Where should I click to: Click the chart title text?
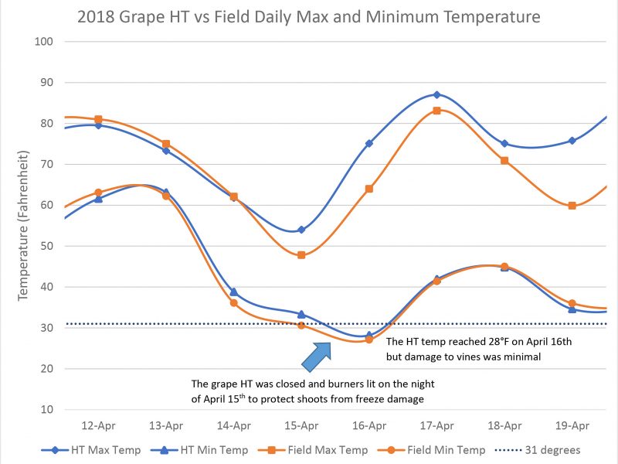coord(308,15)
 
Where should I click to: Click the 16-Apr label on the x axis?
coord(369,425)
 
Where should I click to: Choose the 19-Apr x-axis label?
coord(572,425)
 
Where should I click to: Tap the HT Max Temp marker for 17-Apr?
coord(437,94)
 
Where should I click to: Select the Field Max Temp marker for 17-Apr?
coord(437,111)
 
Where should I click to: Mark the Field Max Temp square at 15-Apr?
coord(301,254)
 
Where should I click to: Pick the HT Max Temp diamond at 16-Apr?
coord(369,143)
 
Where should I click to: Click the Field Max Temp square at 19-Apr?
coord(572,206)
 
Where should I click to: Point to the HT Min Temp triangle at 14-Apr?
coord(234,292)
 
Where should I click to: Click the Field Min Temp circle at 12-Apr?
coord(98,193)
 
